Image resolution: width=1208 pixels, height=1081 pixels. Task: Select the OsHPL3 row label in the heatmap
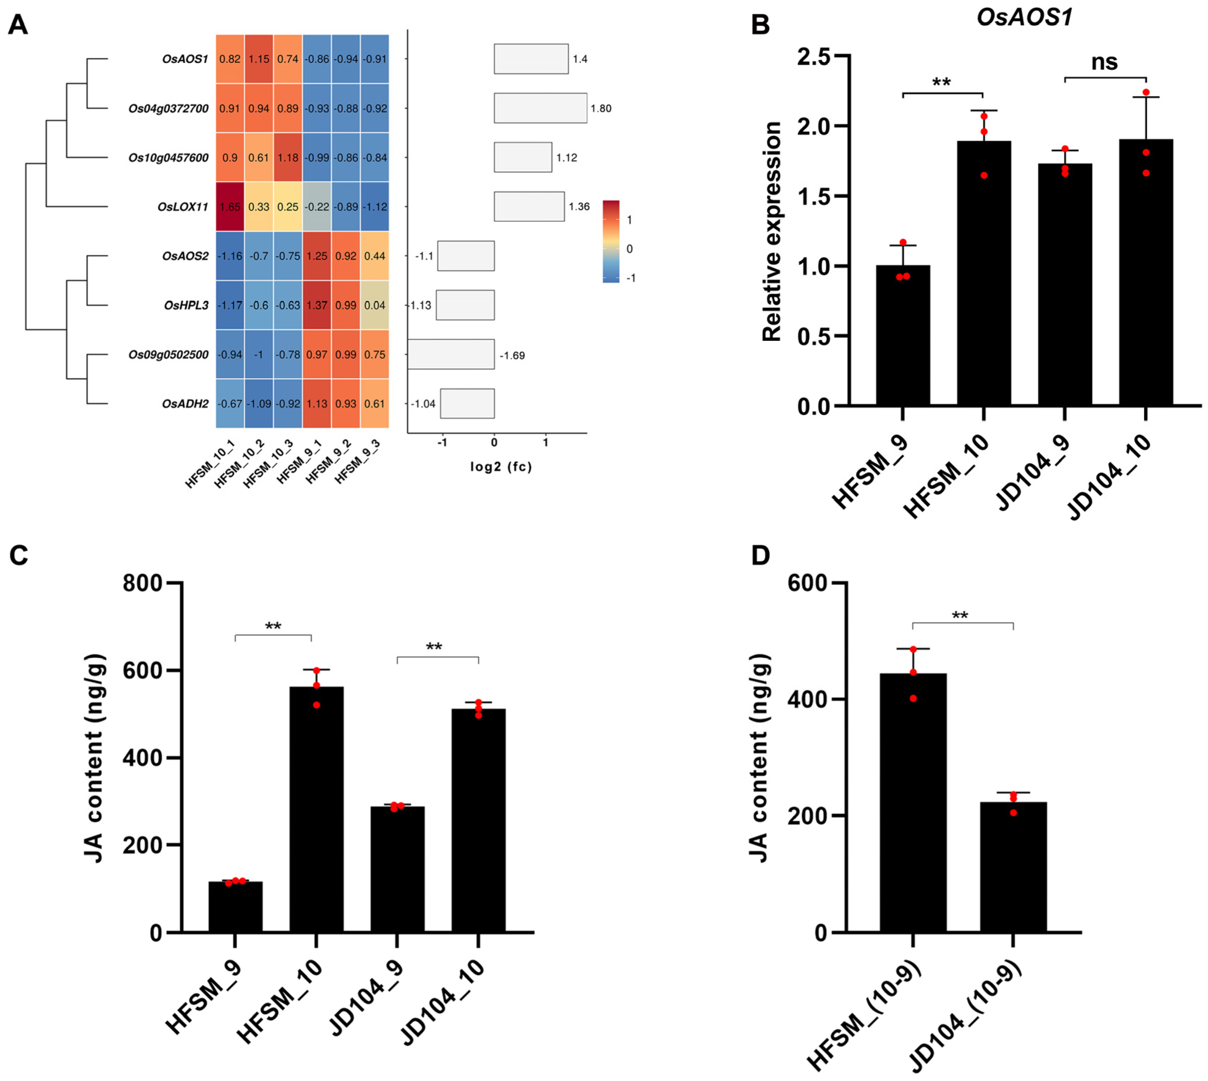[x=186, y=305]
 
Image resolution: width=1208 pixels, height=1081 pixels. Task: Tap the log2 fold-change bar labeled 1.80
[x=540, y=108]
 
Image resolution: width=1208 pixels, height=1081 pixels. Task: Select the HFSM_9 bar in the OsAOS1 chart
[x=903, y=336]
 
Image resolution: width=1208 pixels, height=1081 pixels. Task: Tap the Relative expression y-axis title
[x=771, y=232]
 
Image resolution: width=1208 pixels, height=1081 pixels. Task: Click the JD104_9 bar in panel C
[x=397, y=868]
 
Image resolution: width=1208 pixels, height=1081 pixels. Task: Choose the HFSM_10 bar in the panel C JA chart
[x=316, y=809]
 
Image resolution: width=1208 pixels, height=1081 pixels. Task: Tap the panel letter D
[x=760, y=555]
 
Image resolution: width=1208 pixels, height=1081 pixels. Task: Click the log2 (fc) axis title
[x=500, y=467]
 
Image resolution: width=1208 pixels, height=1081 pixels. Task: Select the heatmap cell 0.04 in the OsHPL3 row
[x=375, y=305]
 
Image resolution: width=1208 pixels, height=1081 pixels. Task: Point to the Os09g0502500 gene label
[x=168, y=355]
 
